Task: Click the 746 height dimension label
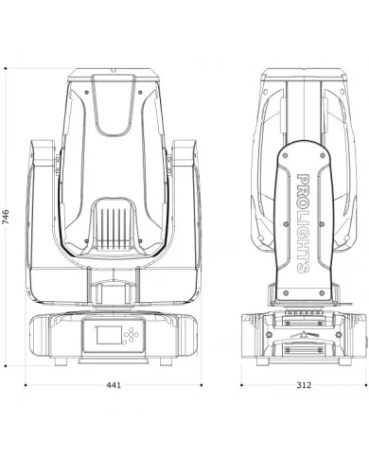(x=6, y=217)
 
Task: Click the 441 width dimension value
(x=114, y=385)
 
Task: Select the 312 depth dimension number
(x=304, y=385)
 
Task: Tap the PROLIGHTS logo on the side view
(x=303, y=223)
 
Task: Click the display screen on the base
(x=109, y=335)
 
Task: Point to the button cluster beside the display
(x=131, y=335)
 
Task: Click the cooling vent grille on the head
(x=114, y=228)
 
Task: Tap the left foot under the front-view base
(x=61, y=361)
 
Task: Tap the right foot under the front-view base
(x=166, y=361)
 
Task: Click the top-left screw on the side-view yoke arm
(x=286, y=155)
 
